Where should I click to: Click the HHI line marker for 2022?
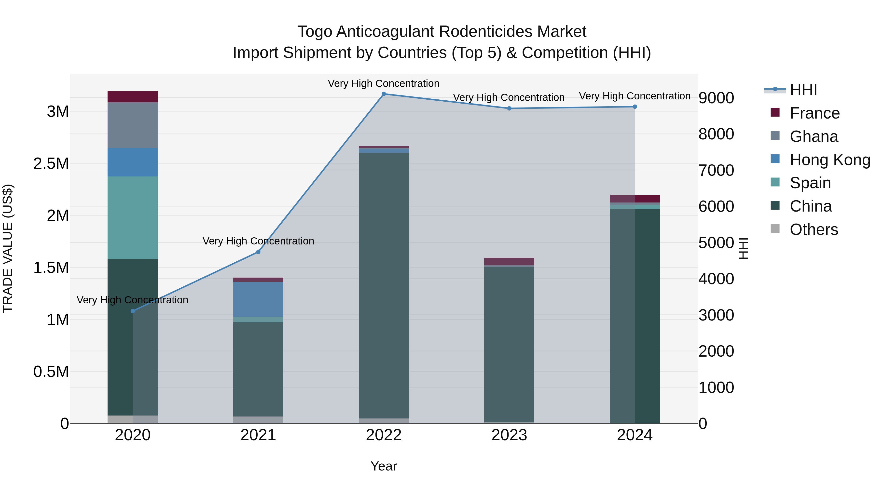click(384, 94)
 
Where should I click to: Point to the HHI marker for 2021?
click(258, 252)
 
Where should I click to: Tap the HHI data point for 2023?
click(509, 108)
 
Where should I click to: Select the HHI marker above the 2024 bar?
click(635, 107)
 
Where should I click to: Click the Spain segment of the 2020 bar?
click(133, 218)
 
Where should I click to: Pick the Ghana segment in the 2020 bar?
click(133, 125)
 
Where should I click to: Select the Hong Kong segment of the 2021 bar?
click(258, 299)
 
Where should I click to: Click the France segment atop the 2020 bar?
click(133, 97)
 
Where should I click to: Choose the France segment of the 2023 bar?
click(509, 261)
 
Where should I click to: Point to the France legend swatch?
click(775, 112)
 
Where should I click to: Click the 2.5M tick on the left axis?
click(51, 164)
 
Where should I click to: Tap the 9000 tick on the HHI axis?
click(716, 98)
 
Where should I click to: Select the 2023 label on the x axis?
click(509, 435)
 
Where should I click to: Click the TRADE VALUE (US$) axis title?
click(8, 248)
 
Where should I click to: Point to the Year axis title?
click(384, 466)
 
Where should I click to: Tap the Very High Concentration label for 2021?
click(258, 241)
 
